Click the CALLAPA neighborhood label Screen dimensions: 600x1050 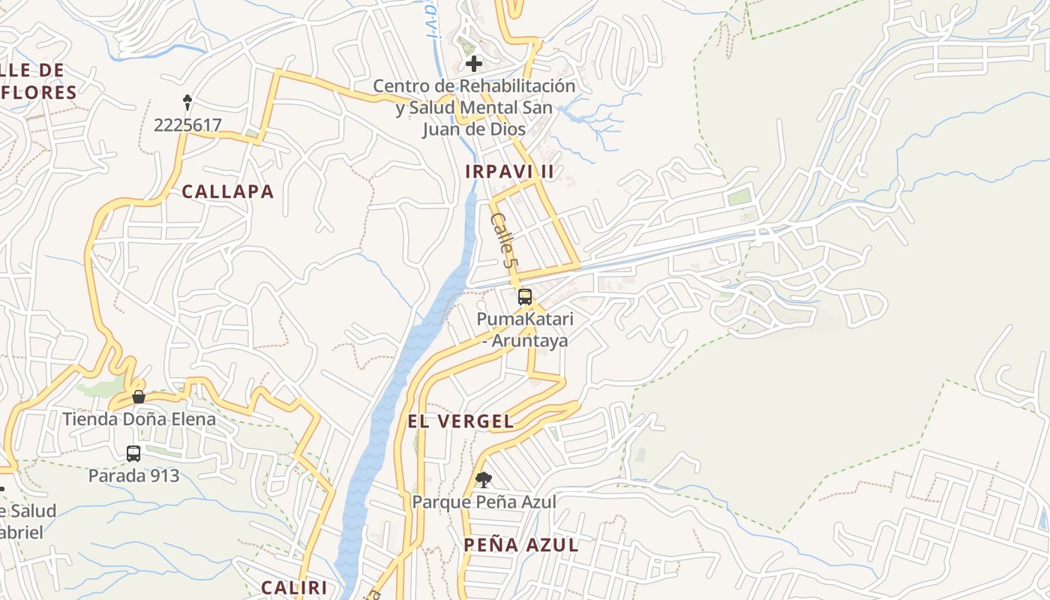228,192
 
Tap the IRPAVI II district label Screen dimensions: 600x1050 509,172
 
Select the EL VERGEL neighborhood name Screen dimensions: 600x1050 460,421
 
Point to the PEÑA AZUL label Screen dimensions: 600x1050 521,545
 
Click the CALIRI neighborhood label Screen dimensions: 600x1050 294,587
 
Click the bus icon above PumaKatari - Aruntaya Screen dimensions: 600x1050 525,296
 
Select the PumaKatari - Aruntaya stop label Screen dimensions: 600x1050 525,329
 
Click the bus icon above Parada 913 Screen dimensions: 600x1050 133,454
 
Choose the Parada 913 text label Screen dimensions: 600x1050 134,475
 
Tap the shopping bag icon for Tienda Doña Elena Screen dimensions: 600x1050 139,396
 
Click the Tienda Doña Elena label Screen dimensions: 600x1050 139,418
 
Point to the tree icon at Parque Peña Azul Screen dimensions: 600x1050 484,479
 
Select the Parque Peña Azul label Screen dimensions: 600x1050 484,502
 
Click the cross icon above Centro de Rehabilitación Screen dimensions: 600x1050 474,63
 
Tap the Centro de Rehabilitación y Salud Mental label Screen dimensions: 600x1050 474,107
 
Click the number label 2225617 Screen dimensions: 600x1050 187,125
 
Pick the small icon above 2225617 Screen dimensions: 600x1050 187,101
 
